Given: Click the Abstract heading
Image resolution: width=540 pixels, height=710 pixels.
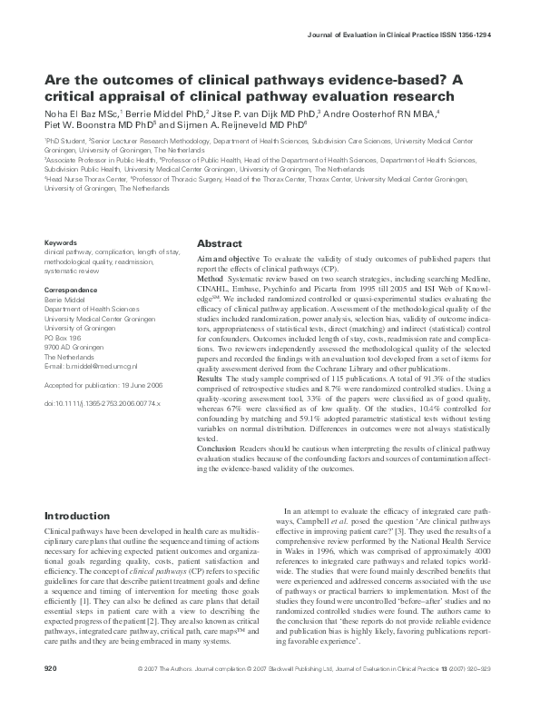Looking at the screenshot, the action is pyautogui.click(x=220, y=245).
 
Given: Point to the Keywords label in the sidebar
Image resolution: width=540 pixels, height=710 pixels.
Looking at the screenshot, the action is pyautogui.click(x=61, y=242).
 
